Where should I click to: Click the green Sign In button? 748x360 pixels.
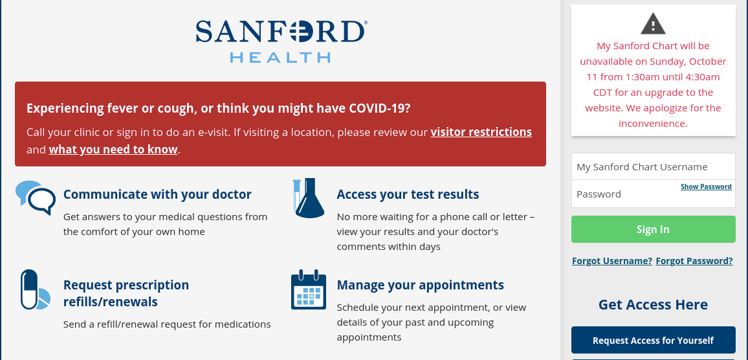point(653,229)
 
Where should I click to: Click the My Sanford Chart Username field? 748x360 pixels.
point(653,167)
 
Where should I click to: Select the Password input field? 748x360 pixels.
point(621,194)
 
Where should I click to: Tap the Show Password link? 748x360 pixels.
point(706,186)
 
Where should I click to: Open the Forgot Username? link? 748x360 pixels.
point(611,261)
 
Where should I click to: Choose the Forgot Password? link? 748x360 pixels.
point(694,261)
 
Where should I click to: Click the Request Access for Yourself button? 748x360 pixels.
point(653,340)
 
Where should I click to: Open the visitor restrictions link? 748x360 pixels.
point(481,132)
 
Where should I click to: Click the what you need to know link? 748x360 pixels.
point(113,150)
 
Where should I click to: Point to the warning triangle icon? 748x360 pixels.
point(653,24)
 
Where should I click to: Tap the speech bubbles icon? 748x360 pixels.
point(36,197)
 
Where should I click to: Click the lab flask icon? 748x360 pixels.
point(308,197)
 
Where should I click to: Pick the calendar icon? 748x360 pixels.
point(308,290)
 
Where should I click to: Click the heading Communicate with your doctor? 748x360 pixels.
point(157,194)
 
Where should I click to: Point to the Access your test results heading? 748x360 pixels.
point(408,194)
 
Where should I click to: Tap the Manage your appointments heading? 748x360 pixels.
point(420,285)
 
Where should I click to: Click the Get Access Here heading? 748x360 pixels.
point(653,304)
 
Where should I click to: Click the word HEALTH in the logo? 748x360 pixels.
point(280,58)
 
